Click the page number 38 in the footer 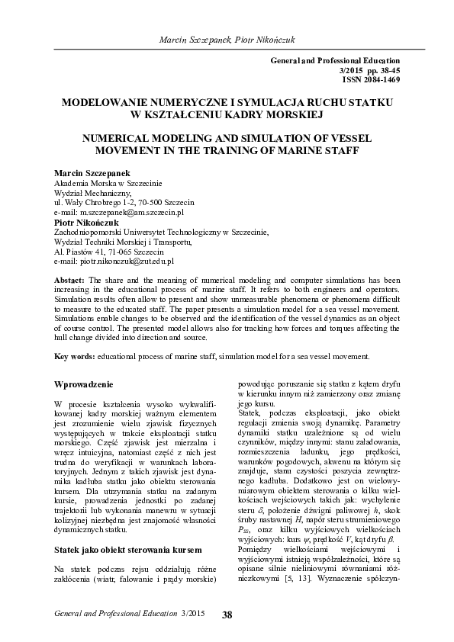[x=227, y=615]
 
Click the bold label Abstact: [x=70, y=281]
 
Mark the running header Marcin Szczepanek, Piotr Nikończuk [x=227, y=39]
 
